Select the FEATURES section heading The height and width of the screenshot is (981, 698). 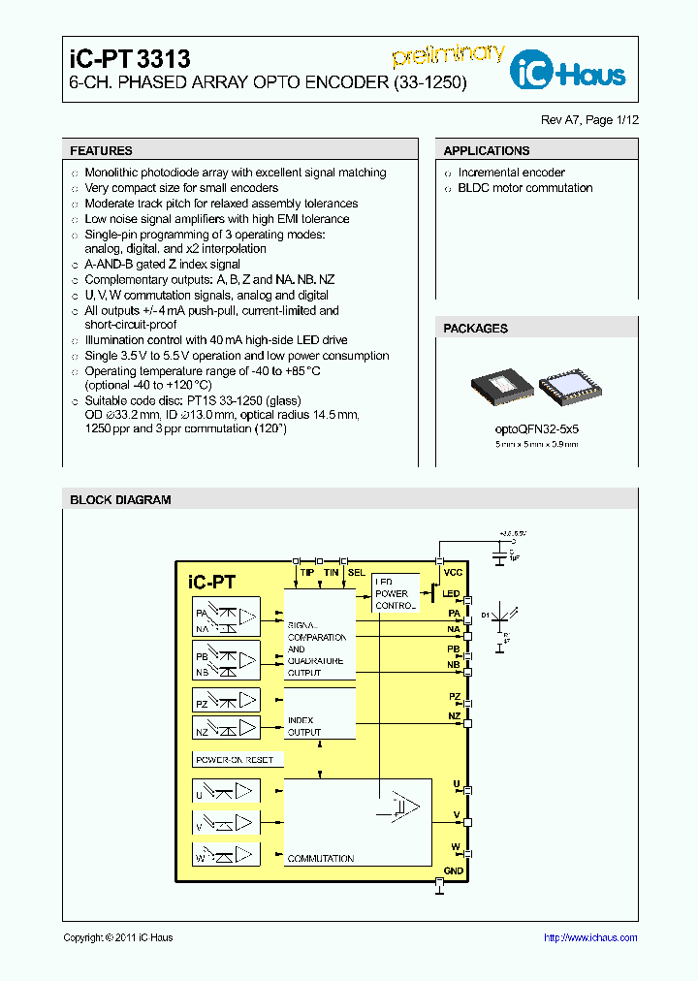(x=102, y=151)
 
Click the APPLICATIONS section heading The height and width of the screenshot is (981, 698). (x=487, y=151)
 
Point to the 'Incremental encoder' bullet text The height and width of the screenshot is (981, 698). (x=511, y=173)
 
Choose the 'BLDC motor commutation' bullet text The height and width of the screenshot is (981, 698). (x=524, y=188)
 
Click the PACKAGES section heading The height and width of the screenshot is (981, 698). (x=475, y=329)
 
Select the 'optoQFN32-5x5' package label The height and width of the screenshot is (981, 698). (x=536, y=427)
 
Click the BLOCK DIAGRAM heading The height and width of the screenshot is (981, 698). (x=120, y=500)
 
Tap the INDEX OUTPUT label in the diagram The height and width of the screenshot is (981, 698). (x=304, y=726)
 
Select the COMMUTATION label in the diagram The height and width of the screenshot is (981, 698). (x=321, y=859)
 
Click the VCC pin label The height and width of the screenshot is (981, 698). (x=453, y=573)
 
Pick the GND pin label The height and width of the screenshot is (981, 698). (x=453, y=870)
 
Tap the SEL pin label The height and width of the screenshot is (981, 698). (x=357, y=573)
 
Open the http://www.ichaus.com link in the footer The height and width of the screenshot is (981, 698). (x=589, y=937)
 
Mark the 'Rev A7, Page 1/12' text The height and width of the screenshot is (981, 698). (x=589, y=120)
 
